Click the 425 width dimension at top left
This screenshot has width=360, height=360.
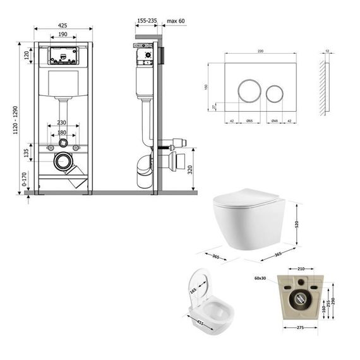[63, 27]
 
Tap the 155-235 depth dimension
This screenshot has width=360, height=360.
[146, 20]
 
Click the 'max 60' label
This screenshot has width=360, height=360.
[174, 20]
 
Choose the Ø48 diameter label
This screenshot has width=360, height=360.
[275, 119]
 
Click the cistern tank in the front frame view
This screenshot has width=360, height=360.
[63, 82]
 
